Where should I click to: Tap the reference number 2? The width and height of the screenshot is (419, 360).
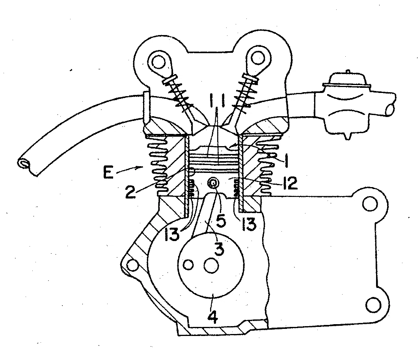(131, 192)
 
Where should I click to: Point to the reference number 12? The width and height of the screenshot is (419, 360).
(291, 183)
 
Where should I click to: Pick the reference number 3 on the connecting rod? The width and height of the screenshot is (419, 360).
(219, 249)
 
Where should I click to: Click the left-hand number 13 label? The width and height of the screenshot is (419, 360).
(172, 234)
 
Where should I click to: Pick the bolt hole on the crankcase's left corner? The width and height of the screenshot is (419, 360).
(132, 265)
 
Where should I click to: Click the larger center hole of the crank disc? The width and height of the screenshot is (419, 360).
(211, 266)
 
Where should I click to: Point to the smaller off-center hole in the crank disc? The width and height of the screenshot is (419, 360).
(189, 264)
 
